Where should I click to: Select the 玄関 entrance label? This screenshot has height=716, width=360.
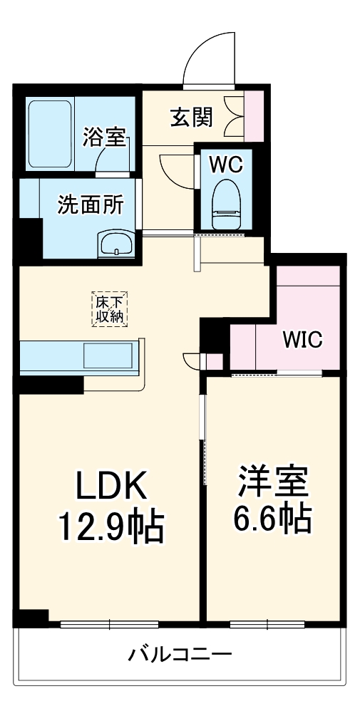click(190, 116)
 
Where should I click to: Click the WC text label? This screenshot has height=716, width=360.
click(226, 165)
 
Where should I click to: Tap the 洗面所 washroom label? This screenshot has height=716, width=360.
click(91, 204)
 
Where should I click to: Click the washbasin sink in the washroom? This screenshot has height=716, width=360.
click(115, 244)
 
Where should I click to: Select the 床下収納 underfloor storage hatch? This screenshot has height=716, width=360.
click(110, 309)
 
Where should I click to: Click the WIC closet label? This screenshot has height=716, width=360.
click(302, 339)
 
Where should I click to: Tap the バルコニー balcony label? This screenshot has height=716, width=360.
click(180, 655)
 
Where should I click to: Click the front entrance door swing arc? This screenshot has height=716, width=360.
click(207, 57)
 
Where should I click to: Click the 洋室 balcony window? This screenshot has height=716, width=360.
click(267, 624)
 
